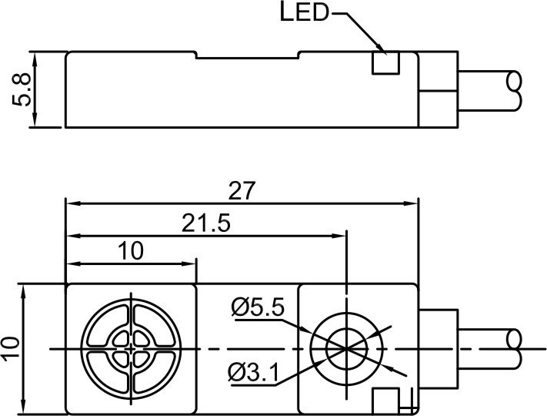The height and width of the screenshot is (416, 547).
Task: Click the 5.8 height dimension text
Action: tap(25, 90)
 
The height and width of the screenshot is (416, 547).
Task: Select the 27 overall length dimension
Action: tap(242, 192)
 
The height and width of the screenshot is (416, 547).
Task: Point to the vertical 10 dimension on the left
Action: tap(12, 349)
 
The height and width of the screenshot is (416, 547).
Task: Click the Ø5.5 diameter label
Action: tap(258, 308)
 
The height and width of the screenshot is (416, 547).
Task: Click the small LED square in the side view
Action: tap(385, 63)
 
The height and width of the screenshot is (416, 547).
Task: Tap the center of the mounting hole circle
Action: tap(348, 349)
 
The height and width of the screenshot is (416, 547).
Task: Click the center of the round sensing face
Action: tap(131, 349)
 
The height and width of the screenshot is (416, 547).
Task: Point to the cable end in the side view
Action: tap(514, 90)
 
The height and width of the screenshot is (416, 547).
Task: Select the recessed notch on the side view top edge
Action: tap(246, 55)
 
